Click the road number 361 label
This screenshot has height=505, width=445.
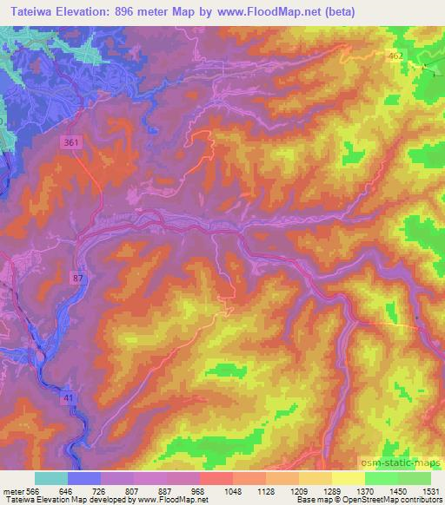click(72, 142)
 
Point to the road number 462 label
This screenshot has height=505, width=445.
click(396, 56)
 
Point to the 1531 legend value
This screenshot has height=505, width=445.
click(432, 491)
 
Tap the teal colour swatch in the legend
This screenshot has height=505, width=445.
click(51, 478)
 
